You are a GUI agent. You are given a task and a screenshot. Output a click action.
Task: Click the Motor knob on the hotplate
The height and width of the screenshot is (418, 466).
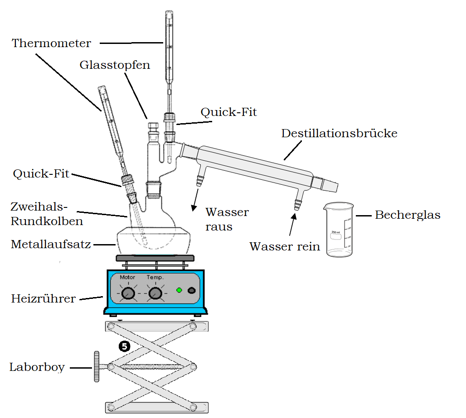click(129, 294)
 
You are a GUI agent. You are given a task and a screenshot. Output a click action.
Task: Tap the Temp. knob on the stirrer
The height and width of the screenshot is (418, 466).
click(155, 294)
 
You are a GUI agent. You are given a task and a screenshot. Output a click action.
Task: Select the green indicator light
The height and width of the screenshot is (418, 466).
click(179, 290)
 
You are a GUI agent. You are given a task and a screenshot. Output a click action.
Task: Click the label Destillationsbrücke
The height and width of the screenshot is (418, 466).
click(339, 134)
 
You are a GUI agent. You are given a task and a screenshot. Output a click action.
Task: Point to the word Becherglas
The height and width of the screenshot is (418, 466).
click(408, 215)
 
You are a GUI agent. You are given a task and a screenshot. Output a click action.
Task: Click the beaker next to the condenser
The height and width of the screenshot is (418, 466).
click(339, 231)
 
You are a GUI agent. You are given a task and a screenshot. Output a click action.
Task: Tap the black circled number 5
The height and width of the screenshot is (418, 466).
click(124, 346)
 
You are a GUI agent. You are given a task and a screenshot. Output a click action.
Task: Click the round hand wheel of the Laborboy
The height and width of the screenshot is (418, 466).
click(97, 366)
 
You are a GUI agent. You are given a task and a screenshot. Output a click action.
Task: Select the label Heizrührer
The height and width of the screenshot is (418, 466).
click(43, 299)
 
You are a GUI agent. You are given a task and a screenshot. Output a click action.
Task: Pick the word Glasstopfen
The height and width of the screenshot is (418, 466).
click(115, 65)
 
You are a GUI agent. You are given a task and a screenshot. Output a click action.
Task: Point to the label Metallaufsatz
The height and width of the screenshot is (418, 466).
click(51, 245)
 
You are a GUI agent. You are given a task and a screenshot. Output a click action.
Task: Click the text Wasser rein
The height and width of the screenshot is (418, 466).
click(285, 247)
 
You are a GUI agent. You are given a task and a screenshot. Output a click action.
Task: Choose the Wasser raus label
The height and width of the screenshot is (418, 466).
click(227, 219)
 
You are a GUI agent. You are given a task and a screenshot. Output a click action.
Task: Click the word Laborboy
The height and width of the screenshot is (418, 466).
click(37, 367)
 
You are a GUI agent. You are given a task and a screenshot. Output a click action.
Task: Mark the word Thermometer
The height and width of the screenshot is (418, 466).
click(51, 43)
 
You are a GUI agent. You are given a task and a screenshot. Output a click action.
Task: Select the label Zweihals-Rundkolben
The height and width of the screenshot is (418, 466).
click(47, 214)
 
